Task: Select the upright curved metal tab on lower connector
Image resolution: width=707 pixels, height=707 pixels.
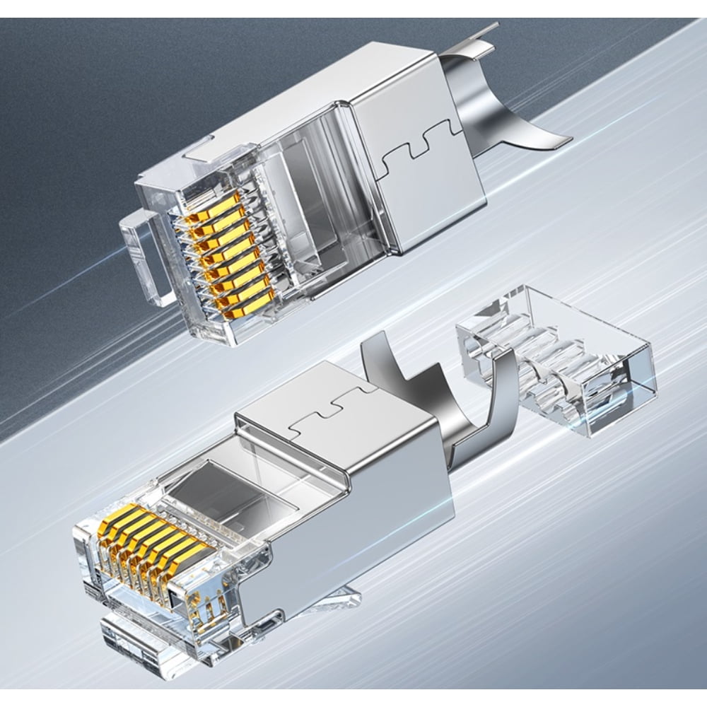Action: click(x=396, y=368)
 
